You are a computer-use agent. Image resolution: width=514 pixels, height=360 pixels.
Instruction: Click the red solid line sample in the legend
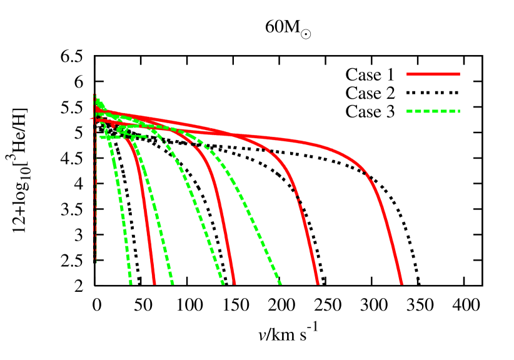(433, 74)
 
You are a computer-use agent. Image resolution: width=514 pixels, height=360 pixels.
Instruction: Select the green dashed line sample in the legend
(433, 111)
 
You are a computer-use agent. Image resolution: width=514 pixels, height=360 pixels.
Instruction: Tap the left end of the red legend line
(408, 74)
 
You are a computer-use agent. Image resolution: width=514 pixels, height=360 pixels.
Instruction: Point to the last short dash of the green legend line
(458, 111)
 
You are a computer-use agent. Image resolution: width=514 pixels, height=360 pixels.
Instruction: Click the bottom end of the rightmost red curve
(402, 284)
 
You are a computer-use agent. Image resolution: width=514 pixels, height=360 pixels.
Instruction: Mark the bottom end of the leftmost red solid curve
(154, 284)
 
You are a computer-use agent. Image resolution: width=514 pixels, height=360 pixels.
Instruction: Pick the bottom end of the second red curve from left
(234, 284)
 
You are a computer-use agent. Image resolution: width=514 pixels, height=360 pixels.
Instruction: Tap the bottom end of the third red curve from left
(318, 284)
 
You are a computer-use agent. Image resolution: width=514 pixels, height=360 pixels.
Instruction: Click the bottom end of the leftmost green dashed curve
(131, 284)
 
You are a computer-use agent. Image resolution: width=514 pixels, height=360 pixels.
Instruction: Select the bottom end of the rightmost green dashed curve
(280, 284)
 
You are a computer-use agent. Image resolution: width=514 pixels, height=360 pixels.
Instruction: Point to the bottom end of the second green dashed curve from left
(173, 284)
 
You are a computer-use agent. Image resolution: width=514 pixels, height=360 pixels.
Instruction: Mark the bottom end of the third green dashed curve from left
(223, 284)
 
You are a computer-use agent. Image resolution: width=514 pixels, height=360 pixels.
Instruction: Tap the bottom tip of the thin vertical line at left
(96, 263)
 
